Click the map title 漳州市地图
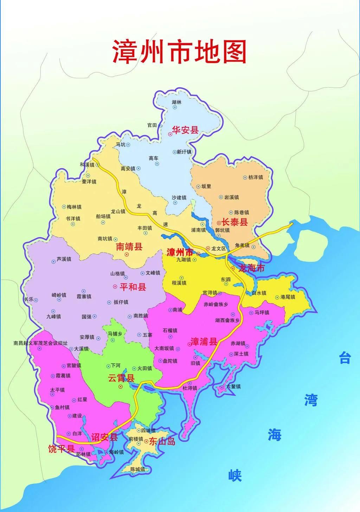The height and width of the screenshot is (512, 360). pyautogui.click(x=179, y=52)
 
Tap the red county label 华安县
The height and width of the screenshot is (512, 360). pyautogui.click(x=185, y=130)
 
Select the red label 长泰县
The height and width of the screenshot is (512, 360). pyautogui.click(x=234, y=222)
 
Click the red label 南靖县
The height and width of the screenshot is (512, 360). pyautogui.click(x=129, y=247)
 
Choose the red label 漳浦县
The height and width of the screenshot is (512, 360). pyautogui.click(x=204, y=341)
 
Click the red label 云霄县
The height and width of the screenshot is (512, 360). pyautogui.click(x=121, y=378)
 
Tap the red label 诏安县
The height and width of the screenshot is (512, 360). pyautogui.click(x=104, y=437)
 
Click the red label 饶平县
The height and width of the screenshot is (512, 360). pyautogui.click(x=61, y=449)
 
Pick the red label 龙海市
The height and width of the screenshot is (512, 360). pyautogui.click(x=251, y=268)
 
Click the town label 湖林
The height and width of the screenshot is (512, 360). pyautogui.click(x=177, y=102)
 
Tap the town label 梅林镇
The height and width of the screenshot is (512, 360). pyautogui.click(x=74, y=207)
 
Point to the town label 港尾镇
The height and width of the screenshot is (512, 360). pyautogui.click(x=288, y=297)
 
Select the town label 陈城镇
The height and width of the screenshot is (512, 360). pyautogui.click(x=137, y=469)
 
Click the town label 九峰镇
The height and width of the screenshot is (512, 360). pyautogui.click(x=53, y=316)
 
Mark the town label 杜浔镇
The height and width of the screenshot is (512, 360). pyautogui.click(x=189, y=388)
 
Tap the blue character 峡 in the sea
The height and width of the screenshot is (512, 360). pyautogui.click(x=235, y=476)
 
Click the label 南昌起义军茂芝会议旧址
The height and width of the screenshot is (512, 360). pyautogui.click(x=40, y=343)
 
